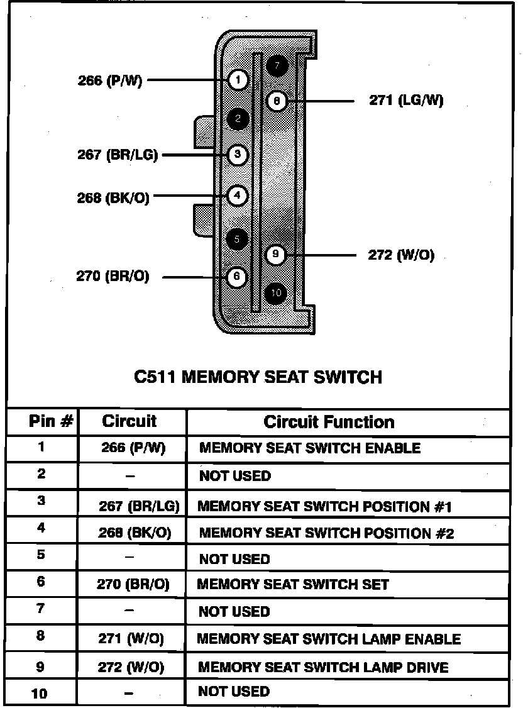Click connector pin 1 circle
coord(238,80)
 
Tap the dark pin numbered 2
coord(238,118)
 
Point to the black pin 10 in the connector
coord(275,292)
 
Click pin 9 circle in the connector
coord(275,255)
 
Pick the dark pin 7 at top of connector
coord(277,65)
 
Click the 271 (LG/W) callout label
coord(405,101)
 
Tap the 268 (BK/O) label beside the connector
coord(113,197)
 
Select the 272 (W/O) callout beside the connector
coord(400,255)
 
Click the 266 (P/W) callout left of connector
coord(110,80)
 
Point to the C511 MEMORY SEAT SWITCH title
coord(258,377)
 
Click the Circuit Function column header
coord(329,422)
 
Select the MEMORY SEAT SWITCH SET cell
coord(293,584)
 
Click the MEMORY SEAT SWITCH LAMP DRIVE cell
coord(323,667)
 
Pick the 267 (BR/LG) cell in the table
coord(139,506)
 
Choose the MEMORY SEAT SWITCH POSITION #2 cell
coord(326,533)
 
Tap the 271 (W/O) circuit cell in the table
coord(131,639)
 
